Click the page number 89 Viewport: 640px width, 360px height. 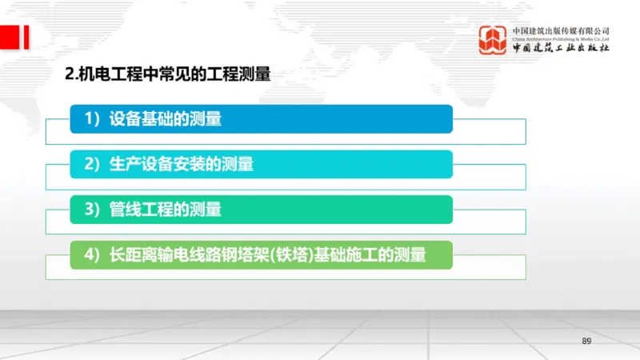click(x=586, y=342)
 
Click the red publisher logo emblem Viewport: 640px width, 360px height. click(x=493, y=41)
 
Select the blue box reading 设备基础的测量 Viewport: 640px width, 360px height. click(x=261, y=119)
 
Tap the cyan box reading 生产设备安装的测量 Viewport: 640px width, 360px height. click(x=261, y=164)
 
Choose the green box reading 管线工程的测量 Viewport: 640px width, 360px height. click(x=261, y=210)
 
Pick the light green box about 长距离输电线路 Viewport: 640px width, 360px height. click(x=261, y=254)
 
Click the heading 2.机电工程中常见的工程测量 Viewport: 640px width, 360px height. click(x=167, y=75)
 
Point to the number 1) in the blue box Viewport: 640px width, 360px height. click(x=93, y=119)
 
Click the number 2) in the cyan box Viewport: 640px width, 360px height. click(x=93, y=164)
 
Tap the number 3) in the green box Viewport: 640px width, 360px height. click(x=93, y=210)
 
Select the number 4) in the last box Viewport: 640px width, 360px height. click(x=93, y=254)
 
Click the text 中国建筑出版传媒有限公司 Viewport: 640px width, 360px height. click(x=561, y=30)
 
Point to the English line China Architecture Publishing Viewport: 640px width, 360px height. click(x=561, y=38)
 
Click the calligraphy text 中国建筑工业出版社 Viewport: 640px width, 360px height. click(x=561, y=48)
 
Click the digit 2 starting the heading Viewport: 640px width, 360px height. click(x=68, y=75)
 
